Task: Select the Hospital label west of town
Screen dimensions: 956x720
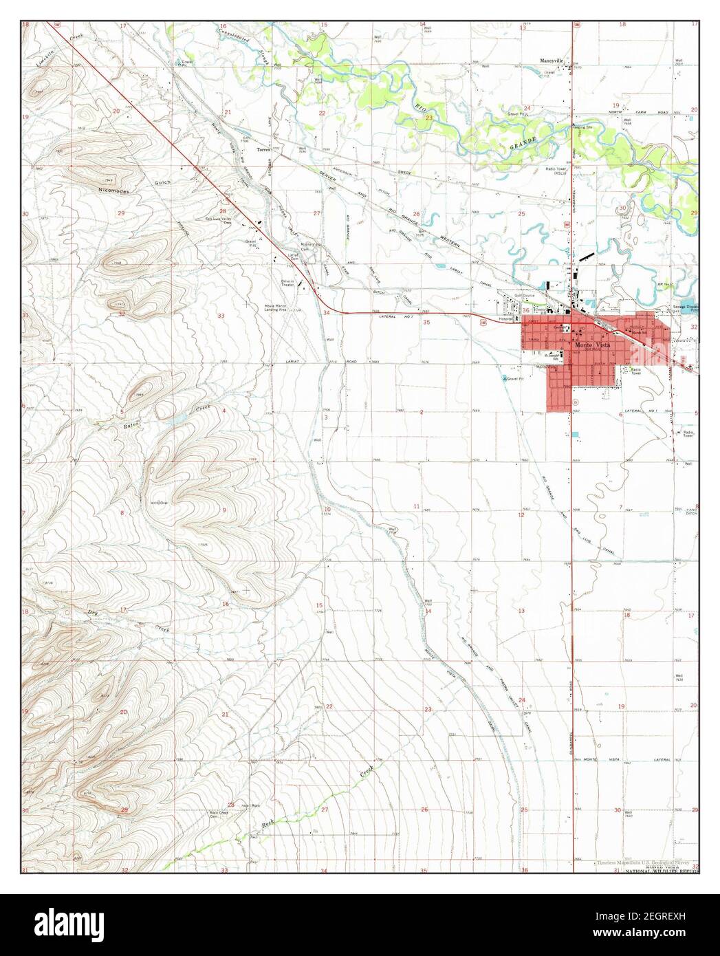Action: coord(509,319)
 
